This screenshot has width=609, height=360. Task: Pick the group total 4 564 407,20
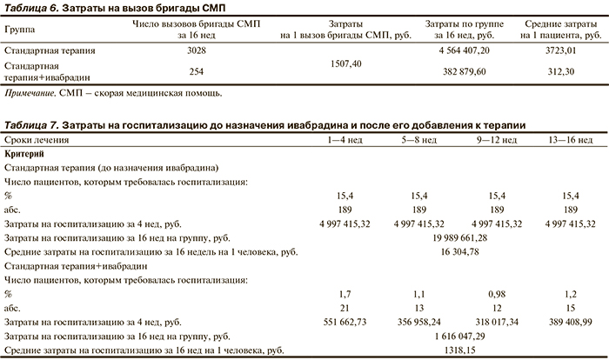(x=458, y=52)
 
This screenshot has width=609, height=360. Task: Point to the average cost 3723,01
(x=559, y=52)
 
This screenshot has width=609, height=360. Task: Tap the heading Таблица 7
(x=32, y=125)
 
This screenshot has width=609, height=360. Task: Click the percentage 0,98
(x=496, y=293)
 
